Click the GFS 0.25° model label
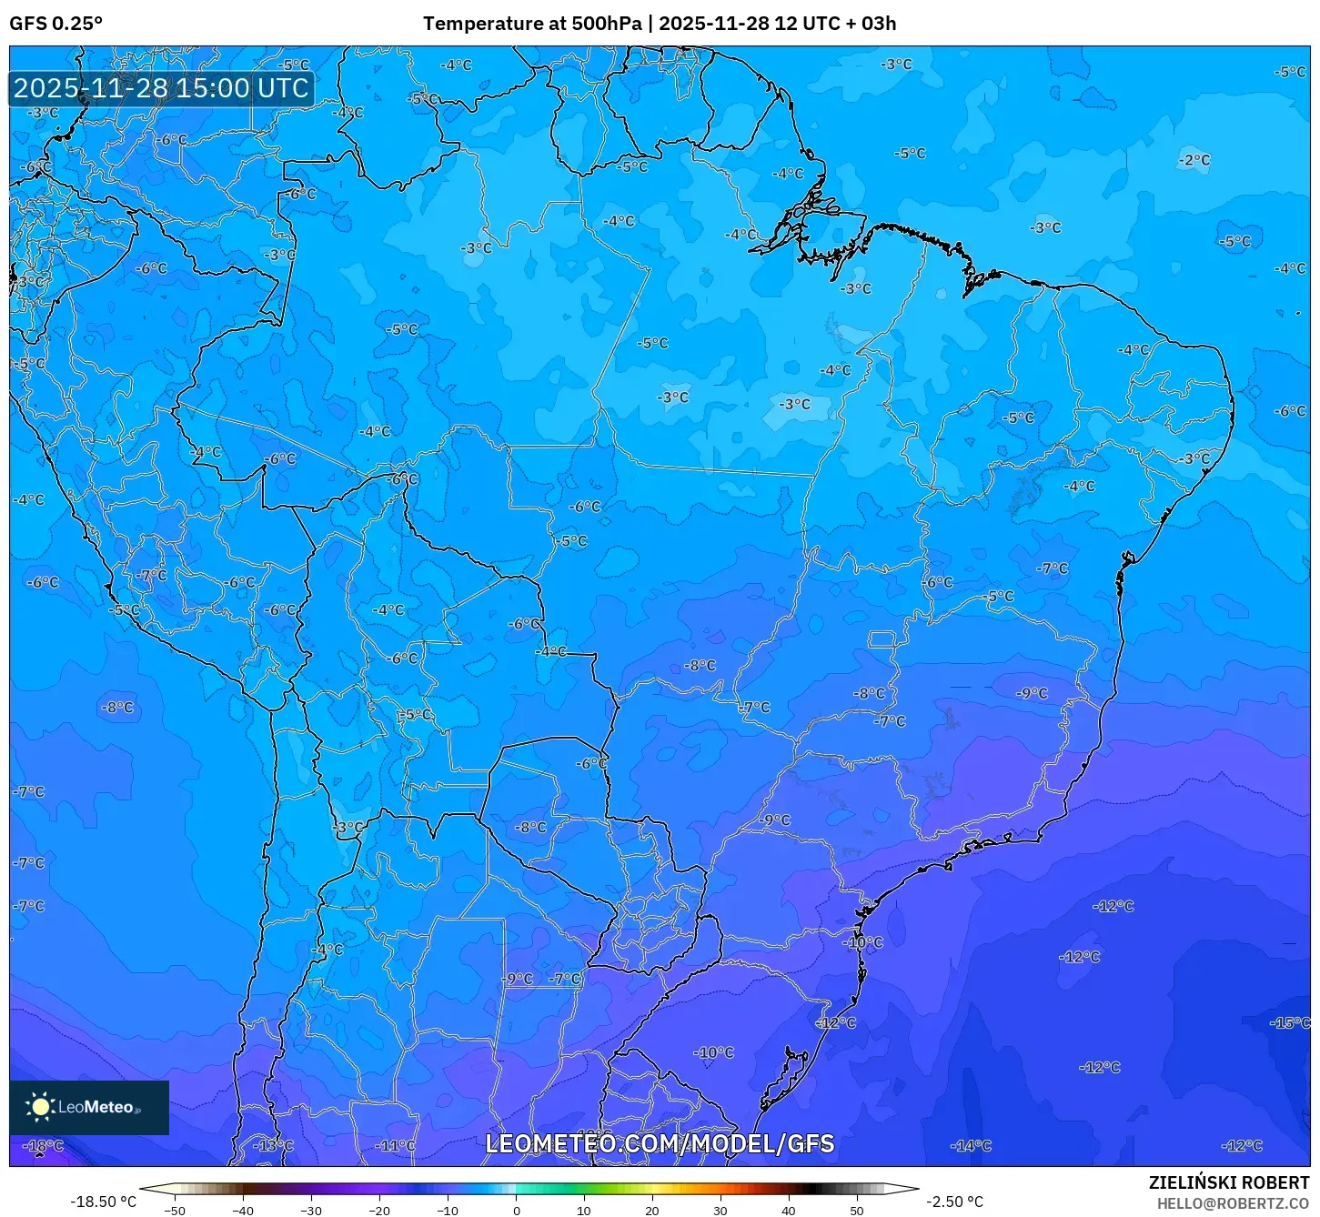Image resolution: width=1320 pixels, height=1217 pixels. tap(55, 24)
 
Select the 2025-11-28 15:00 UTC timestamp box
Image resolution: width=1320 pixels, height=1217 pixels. tap(161, 88)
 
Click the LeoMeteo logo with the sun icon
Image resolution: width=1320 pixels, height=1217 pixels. tap(88, 1107)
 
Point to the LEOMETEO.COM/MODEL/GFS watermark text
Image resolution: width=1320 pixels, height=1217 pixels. tap(660, 1143)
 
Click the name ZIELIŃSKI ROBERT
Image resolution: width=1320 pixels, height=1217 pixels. tap(1228, 1182)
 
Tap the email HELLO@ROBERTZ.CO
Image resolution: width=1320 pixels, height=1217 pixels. tap(1233, 1203)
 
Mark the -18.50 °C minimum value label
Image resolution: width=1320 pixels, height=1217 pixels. tap(104, 1202)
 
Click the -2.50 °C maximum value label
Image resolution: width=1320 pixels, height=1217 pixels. tap(954, 1202)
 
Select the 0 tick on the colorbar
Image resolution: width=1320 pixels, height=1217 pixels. tap(516, 1210)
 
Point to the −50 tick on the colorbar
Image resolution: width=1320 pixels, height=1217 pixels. tap(174, 1210)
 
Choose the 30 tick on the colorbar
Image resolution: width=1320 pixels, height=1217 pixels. tap(720, 1210)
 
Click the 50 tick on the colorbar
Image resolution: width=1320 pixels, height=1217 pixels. tap(857, 1210)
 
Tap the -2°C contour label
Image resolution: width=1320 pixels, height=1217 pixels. tap(1194, 160)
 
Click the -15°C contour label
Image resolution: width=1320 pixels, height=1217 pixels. tap(1290, 1022)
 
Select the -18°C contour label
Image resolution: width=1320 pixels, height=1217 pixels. tap(43, 1145)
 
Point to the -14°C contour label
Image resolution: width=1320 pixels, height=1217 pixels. tap(971, 1145)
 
